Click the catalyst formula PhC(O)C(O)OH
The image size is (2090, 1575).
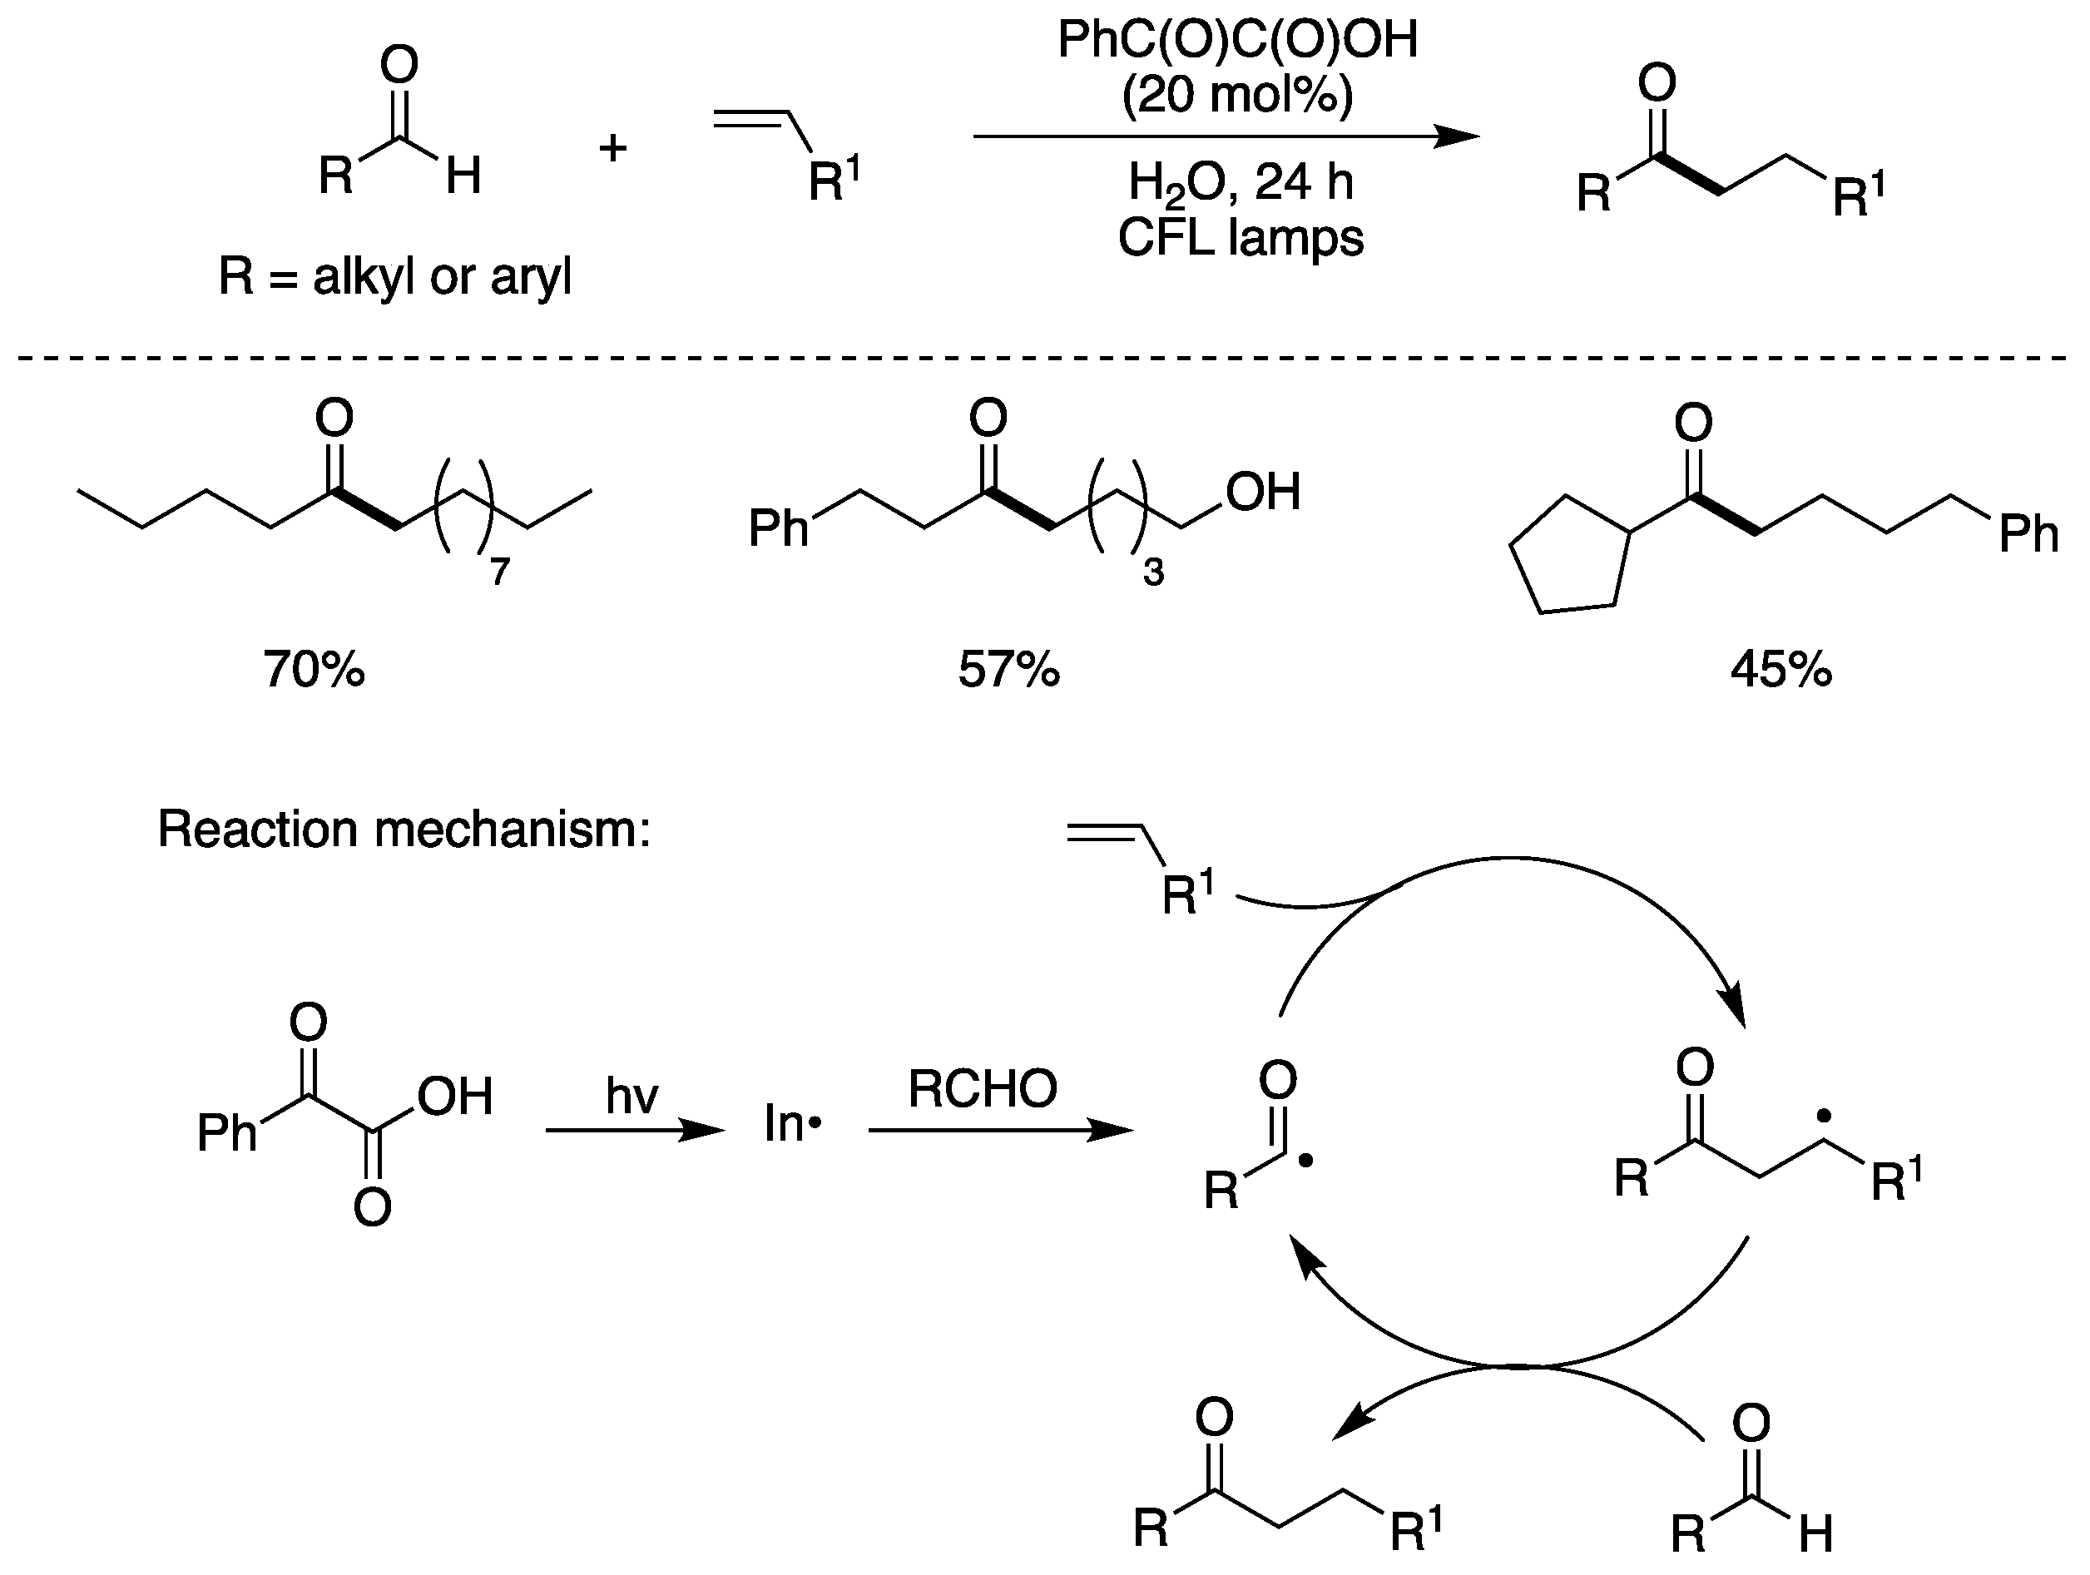[1238, 41]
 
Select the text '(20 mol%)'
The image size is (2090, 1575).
[1238, 95]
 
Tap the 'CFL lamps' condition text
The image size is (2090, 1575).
[1241, 237]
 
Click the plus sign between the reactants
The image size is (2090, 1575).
[613, 147]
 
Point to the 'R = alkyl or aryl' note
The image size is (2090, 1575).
[395, 277]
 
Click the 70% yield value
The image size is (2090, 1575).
[314, 669]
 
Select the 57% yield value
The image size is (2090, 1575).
[1009, 669]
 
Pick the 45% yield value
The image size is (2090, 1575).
[1781, 669]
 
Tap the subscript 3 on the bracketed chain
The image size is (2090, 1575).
[1152, 572]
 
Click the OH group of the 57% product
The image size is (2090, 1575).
[1263, 493]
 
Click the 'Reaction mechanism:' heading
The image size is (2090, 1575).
[404, 830]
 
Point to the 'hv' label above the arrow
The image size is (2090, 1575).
[631, 1096]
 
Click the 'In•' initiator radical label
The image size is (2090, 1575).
[793, 1124]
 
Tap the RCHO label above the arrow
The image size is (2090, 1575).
[983, 1088]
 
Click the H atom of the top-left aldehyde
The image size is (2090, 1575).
[463, 175]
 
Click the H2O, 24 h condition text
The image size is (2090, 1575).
[1241, 181]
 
